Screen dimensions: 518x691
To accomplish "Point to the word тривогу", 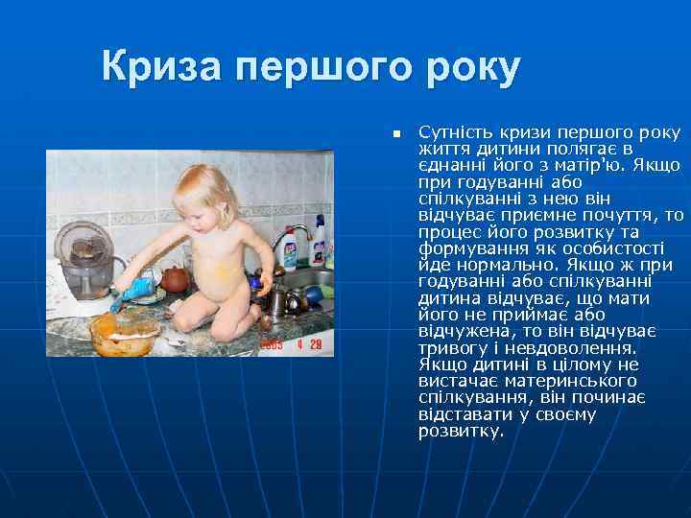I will (449, 348).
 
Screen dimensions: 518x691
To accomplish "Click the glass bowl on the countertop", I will (124, 330).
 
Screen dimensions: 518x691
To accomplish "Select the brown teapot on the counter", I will (174, 279).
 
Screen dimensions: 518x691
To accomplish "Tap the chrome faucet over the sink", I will (291, 240).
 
